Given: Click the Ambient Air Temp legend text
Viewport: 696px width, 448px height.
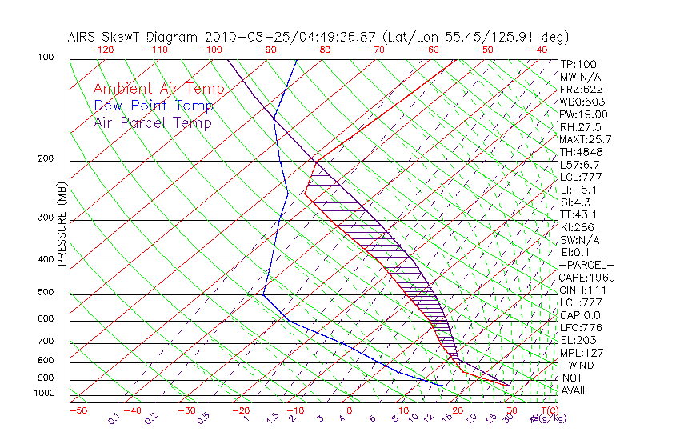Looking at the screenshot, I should pos(158,89).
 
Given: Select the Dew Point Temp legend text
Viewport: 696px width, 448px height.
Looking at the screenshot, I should pos(154,106).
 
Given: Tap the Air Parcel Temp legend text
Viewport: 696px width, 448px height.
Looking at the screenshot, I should pos(153,122).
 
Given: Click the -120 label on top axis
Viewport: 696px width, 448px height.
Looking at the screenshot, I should pos(102,50).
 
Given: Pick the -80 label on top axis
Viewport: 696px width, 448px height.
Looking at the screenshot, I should pos(322,50).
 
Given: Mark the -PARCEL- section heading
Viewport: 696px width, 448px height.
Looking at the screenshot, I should pos(587,265).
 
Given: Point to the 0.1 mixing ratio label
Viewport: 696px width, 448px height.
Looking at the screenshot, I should pos(114,417).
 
